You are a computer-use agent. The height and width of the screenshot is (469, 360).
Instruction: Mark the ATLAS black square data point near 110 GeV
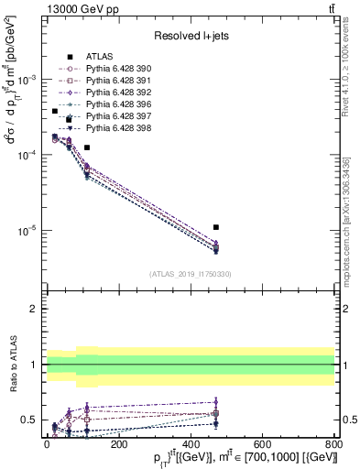(x=86, y=147)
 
